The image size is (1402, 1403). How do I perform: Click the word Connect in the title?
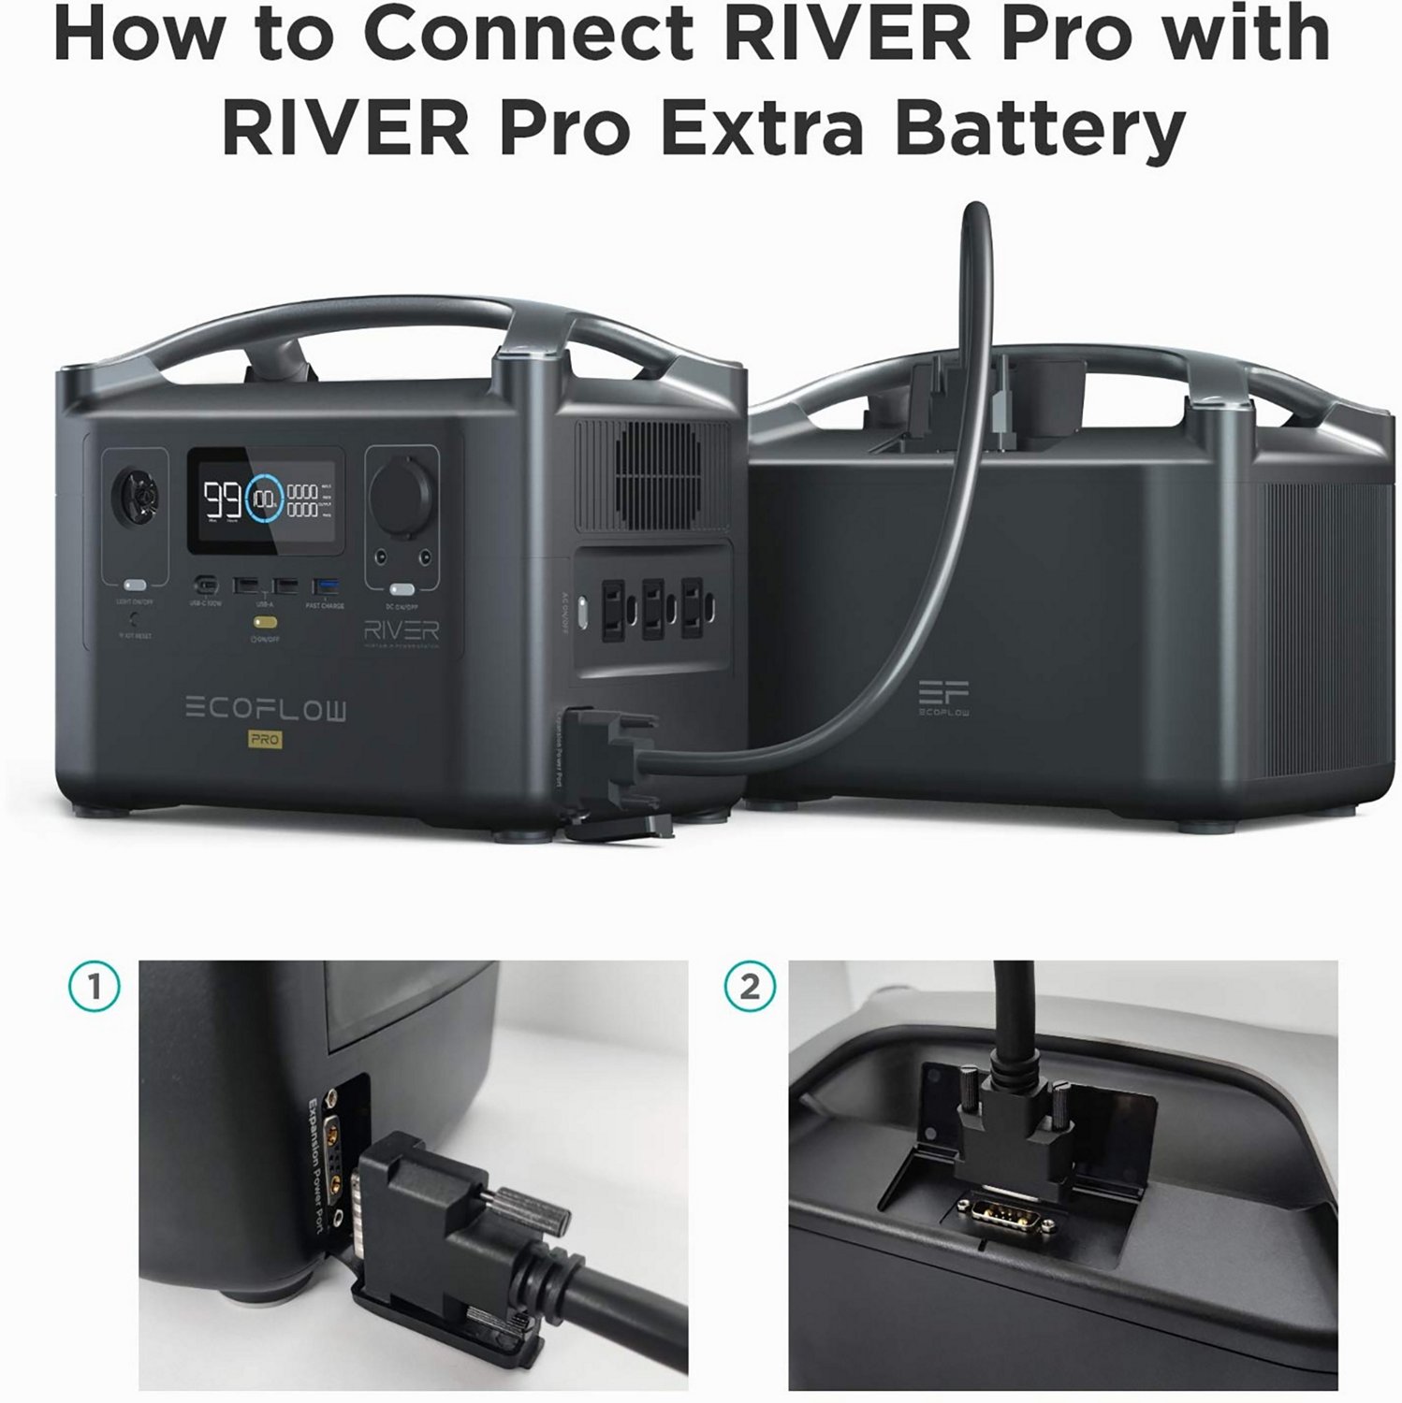[528, 35]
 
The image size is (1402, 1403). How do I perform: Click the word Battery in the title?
[1040, 128]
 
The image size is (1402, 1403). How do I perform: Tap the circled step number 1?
[95, 988]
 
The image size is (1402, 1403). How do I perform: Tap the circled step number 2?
[750, 988]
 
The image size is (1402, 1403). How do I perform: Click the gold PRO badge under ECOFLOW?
[266, 740]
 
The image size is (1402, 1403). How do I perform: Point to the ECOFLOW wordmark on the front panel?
[265, 710]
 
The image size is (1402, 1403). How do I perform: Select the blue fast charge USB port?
[326, 586]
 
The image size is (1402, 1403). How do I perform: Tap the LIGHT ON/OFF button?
[135, 586]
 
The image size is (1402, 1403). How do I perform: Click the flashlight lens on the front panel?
[135, 494]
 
